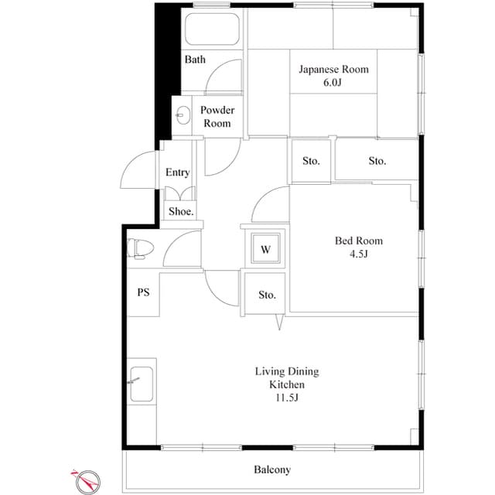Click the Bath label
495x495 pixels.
click(x=195, y=60)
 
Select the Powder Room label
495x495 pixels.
click(x=217, y=117)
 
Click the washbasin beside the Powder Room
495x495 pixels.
click(x=182, y=117)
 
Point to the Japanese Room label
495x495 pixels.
click(x=334, y=70)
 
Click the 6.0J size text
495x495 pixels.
click(x=334, y=82)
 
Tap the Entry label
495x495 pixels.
click(x=177, y=172)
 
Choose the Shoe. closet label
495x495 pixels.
click(x=181, y=210)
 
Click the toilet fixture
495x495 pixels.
click(x=141, y=247)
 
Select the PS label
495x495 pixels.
click(x=143, y=292)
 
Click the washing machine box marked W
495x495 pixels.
click(x=265, y=249)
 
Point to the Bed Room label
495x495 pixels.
click(x=358, y=241)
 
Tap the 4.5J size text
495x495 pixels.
click(x=358, y=253)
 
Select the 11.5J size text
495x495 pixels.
click(x=286, y=398)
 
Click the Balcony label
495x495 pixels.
click(x=272, y=469)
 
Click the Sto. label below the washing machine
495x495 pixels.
click(x=267, y=295)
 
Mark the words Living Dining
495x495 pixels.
click(x=286, y=372)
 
